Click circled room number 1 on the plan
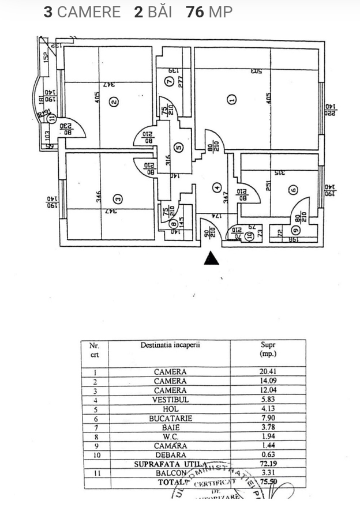click(232, 100)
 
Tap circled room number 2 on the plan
click(114, 102)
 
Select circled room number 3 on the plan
click(118, 200)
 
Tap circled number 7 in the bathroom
click(169, 81)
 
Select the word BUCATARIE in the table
click(170, 418)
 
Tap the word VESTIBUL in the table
click(170, 400)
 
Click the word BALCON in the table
click(170, 473)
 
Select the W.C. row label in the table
click(170, 437)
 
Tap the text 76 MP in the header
click(209, 12)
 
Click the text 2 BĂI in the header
click(153, 12)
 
